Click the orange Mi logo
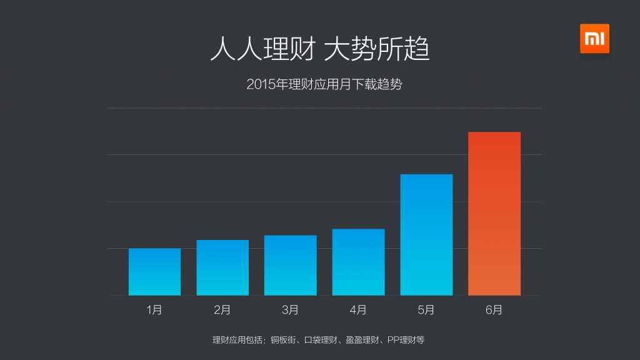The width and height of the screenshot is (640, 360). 594,39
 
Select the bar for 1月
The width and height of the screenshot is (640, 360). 154,272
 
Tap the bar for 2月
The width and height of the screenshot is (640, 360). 222,267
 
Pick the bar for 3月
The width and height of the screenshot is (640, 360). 290,265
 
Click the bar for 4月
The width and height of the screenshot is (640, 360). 358,262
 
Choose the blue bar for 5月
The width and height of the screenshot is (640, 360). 426,234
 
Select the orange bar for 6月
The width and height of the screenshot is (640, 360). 494,213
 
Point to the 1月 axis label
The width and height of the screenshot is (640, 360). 154,309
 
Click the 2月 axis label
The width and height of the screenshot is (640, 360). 222,309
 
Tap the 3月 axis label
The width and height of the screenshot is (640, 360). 290,309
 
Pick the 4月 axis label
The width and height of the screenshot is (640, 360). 358,309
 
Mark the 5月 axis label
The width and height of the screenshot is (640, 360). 426,309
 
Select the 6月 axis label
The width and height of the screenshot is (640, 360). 494,309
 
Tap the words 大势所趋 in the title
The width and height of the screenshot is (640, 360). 377,49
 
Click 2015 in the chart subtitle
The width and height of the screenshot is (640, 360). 260,84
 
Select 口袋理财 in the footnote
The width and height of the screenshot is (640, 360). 320,340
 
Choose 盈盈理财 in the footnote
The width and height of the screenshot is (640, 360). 362,340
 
